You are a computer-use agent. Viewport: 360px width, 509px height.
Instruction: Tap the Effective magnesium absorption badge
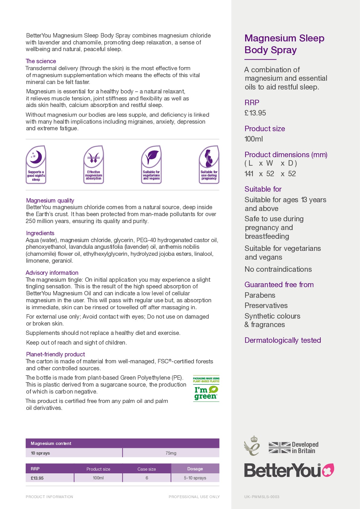click(x=94, y=165)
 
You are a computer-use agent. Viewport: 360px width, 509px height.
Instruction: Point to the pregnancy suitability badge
click(x=209, y=165)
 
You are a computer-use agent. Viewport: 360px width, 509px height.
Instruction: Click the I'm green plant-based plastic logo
click(x=206, y=389)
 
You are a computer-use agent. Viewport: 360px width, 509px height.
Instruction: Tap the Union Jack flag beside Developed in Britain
click(x=280, y=448)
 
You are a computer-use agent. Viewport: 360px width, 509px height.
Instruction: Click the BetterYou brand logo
click(x=289, y=470)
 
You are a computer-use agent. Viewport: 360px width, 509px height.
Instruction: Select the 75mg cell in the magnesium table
click(x=171, y=453)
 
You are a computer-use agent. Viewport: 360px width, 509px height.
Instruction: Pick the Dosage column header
click(x=195, y=469)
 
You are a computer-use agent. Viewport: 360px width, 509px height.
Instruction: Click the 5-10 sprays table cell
click(x=195, y=478)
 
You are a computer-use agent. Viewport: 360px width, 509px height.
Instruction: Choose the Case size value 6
click(x=147, y=478)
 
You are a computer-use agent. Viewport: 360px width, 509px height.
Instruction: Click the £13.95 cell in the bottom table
click(x=37, y=478)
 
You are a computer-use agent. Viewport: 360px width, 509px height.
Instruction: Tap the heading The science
click(x=41, y=61)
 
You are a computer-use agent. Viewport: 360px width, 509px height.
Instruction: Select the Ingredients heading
click(x=40, y=233)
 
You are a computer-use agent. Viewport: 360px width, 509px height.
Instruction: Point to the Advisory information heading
click(x=52, y=273)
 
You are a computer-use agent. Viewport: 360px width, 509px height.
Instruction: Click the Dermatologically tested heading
click(x=283, y=340)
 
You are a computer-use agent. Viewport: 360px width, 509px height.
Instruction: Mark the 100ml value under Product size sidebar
click(x=254, y=139)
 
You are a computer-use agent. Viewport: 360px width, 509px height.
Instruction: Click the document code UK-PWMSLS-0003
click(x=262, y=497)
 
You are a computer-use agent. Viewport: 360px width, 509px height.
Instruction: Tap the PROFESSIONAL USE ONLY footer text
click(x=194, y=497)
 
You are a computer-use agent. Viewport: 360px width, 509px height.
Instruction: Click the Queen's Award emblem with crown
click(x=252, y=446)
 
